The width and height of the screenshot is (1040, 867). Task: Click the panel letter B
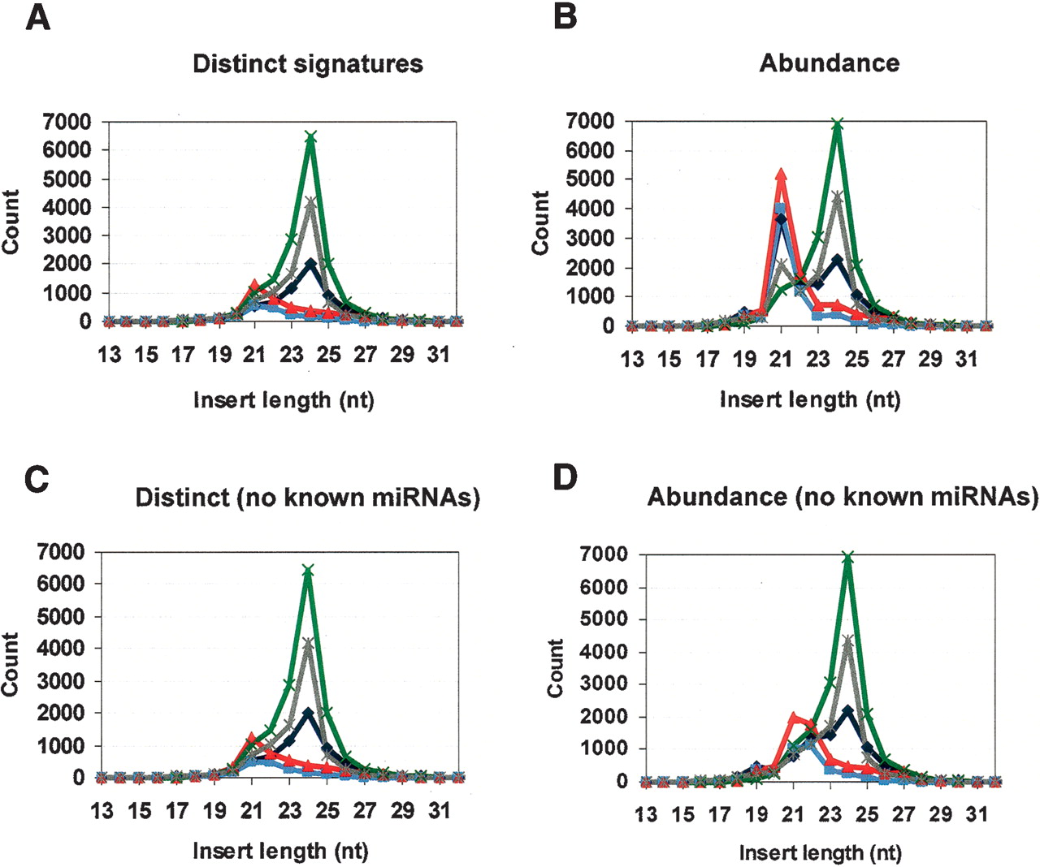pos(565,16)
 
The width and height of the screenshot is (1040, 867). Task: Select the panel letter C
pos(37,478)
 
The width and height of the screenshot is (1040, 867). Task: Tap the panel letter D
pos(565,478)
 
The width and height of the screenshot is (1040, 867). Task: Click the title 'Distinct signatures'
pos(308,63)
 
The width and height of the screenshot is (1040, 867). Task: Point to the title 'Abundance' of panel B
pos(830,63)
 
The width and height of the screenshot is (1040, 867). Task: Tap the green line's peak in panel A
pos(311,136)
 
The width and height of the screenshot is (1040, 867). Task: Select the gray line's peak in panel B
pos(837,196)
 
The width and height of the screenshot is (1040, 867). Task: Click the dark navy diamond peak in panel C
pos(308,714)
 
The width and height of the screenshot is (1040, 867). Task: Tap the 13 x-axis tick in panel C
pos(102,811)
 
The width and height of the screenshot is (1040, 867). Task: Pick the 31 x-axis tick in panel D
pos(977,814)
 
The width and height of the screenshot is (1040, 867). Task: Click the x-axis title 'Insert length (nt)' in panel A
pos(284,400)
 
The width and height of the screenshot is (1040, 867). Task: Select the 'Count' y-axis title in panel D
pos(556,668)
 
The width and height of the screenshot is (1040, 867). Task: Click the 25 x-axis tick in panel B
pos(856,359)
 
